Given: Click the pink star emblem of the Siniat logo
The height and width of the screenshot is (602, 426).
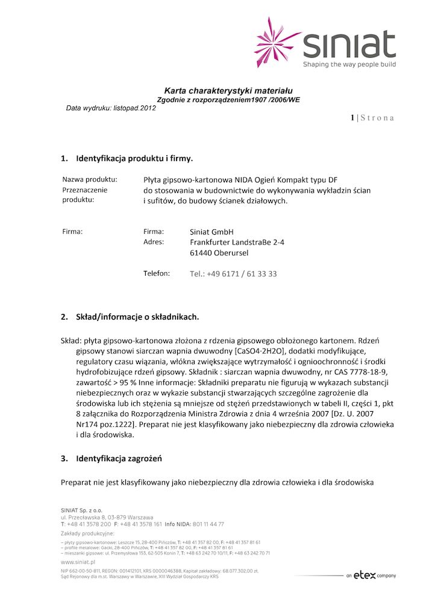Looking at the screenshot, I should point(276,42).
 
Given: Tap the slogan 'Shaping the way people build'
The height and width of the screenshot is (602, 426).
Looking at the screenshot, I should point(349,64).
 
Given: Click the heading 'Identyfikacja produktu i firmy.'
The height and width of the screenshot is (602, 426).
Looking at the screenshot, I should point(134,159).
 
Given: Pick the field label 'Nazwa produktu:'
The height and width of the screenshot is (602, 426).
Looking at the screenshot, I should point(90,179).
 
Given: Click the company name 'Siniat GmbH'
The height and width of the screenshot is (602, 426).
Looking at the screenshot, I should point(211,232).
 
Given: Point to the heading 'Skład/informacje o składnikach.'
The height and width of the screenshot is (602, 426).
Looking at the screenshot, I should point(137,316).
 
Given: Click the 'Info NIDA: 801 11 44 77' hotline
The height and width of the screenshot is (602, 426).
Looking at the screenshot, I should point(194,524).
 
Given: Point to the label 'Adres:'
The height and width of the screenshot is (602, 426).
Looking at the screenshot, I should point(154,242).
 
